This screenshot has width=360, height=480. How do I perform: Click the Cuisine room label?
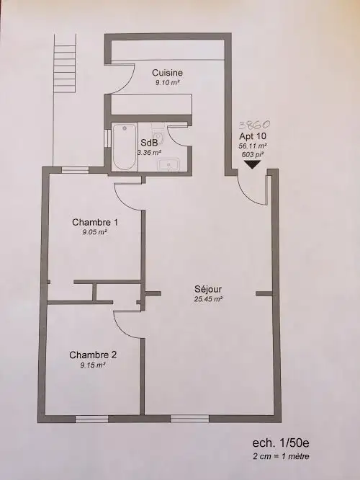pyautogui.click(x=167, y=73)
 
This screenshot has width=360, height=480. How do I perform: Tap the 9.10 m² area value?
pyautogui.click(x=167, y=83)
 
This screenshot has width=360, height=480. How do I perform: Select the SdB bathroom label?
pyautogui.click(x=149, y=143)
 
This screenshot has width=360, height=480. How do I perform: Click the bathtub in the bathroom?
pyautogui.click(x=124, y=147)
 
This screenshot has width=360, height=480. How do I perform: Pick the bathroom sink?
pyautogui.click(x=168, y=165)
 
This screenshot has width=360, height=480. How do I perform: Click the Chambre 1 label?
pyautogui.click(x=95, y=222)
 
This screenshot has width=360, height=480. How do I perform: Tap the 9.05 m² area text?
pyautogui.click(x=94, y=232)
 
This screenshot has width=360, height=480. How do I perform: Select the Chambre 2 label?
pyautogui.click(x=93, y=355)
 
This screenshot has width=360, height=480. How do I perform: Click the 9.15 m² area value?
pyautogui.click(x=93, y=365)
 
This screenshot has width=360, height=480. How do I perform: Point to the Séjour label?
pyautogui.click(x=208, y=289)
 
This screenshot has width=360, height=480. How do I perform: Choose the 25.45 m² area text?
pyautogui.click(x=208, y=299)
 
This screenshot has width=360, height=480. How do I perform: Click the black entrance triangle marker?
pyautogui.click(x=252, y=165)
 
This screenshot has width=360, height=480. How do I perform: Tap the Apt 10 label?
pyautogui.click(x=253, y=136)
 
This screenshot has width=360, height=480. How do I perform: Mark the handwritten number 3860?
pyautogui.click(x=254, y=125)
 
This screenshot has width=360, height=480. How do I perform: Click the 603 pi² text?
pyautogui.click(x=253, y=154)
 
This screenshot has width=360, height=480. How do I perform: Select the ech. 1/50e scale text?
pyautogui.click(x=279, y=443)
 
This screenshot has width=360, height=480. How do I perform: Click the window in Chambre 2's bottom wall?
pyautogui.click(x=91, y=419)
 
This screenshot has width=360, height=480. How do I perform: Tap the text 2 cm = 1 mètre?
pyautogui.click(x=281, y=456)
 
